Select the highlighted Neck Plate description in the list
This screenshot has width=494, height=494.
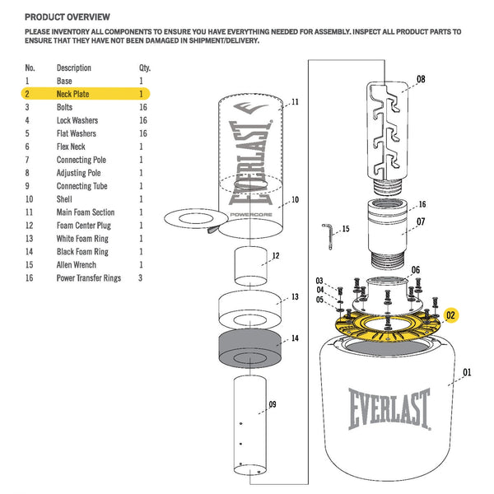[74, 95]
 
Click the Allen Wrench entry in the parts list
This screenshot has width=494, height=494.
[76, 265]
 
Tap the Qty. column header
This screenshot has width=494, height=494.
[145, 68]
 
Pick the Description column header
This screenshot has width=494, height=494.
[74, 68]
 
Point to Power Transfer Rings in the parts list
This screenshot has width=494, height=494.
[88, 278]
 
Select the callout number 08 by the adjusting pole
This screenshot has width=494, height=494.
[421, 80]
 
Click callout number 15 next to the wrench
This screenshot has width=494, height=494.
[345, 228]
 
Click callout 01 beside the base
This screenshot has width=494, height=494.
[468, 373]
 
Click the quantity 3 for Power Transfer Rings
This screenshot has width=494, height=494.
[142, 278]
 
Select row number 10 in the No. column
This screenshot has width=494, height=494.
[30, 199]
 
